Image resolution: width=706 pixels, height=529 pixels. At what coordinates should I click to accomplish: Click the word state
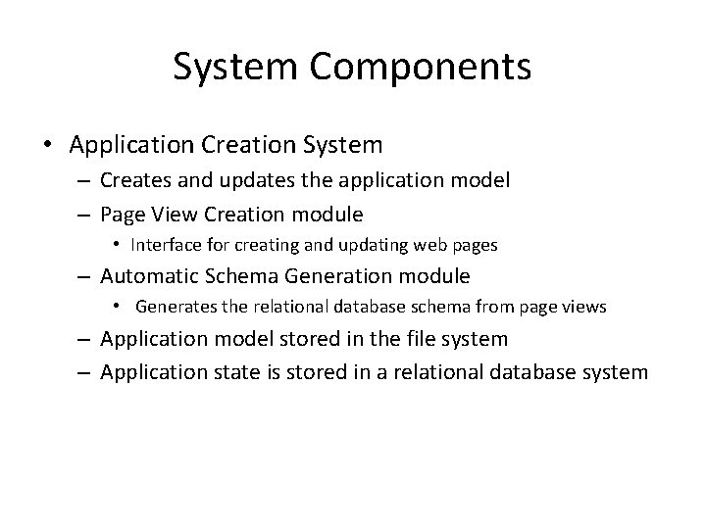pyautogui.click(x=227, y=371)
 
